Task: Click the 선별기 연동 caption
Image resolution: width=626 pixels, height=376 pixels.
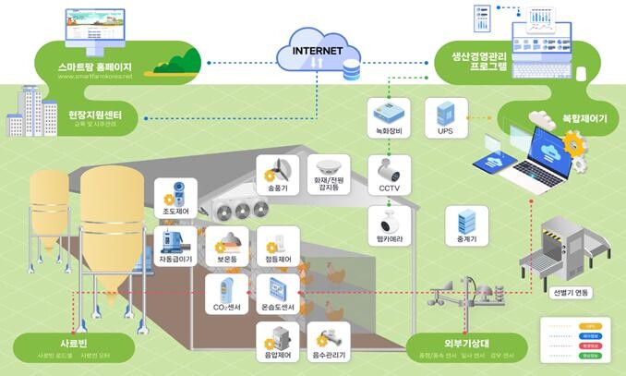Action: (570, 293)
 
